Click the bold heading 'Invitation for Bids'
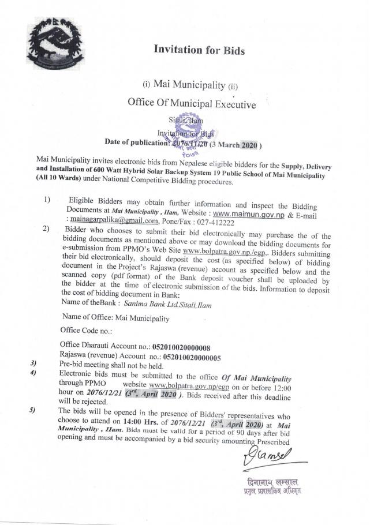coord(199,50)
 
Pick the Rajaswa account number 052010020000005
coord(192,357)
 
